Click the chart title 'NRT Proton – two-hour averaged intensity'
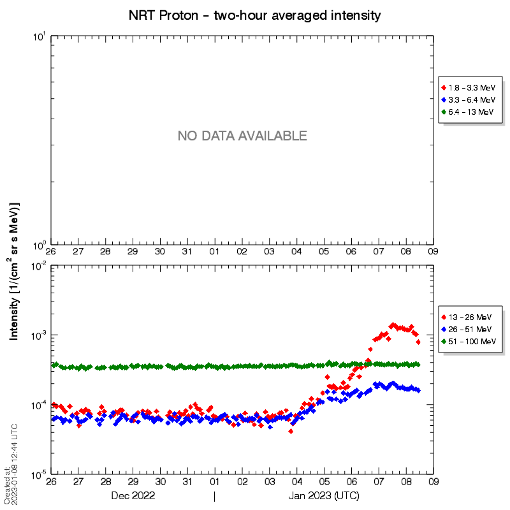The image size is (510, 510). (x=255, y=14)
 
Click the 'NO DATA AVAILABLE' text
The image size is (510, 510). (x=242, y=136)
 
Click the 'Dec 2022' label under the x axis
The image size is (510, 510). (x=133, y=495)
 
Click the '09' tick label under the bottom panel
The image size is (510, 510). (x=433, y=482)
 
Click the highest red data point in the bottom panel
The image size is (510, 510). (x=393, y=325)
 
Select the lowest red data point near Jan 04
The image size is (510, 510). (x=291, y=432)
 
